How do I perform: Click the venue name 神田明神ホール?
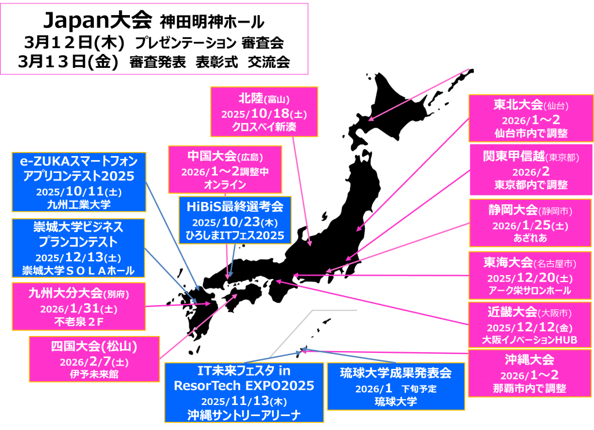click(x=212, y=23)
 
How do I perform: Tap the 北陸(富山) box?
click(x=264, y=111)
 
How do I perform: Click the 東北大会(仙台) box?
click(x=530, y=118)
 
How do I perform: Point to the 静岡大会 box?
click(x=530, y=223)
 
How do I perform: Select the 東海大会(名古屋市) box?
click(x=530, y=276)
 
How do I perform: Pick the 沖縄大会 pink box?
click(x=530, y=373)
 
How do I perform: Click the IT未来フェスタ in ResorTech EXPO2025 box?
click(x=244, y=392)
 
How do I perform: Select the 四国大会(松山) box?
click(x=94, y=359)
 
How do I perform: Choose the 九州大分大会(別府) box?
click(x=79, y=306)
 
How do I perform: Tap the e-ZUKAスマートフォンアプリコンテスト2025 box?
click(x=79, y=181)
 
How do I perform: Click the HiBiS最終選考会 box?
click(x=235, y=220)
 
